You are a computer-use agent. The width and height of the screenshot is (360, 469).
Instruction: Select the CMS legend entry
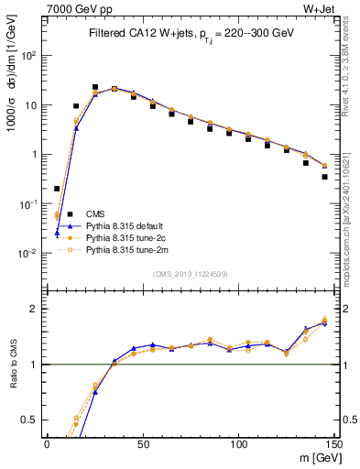[96, 213]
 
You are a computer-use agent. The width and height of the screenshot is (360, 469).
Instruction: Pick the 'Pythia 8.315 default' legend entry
[125, 224]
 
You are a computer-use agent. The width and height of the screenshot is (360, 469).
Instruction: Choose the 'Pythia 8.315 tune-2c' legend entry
[125, 236]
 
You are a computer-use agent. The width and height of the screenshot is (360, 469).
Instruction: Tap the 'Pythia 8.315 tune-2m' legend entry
[125, 248]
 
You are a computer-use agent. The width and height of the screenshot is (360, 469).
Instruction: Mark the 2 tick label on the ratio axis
[36, 309]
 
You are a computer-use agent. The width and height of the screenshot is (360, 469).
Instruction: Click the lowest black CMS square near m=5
[57, 189]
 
